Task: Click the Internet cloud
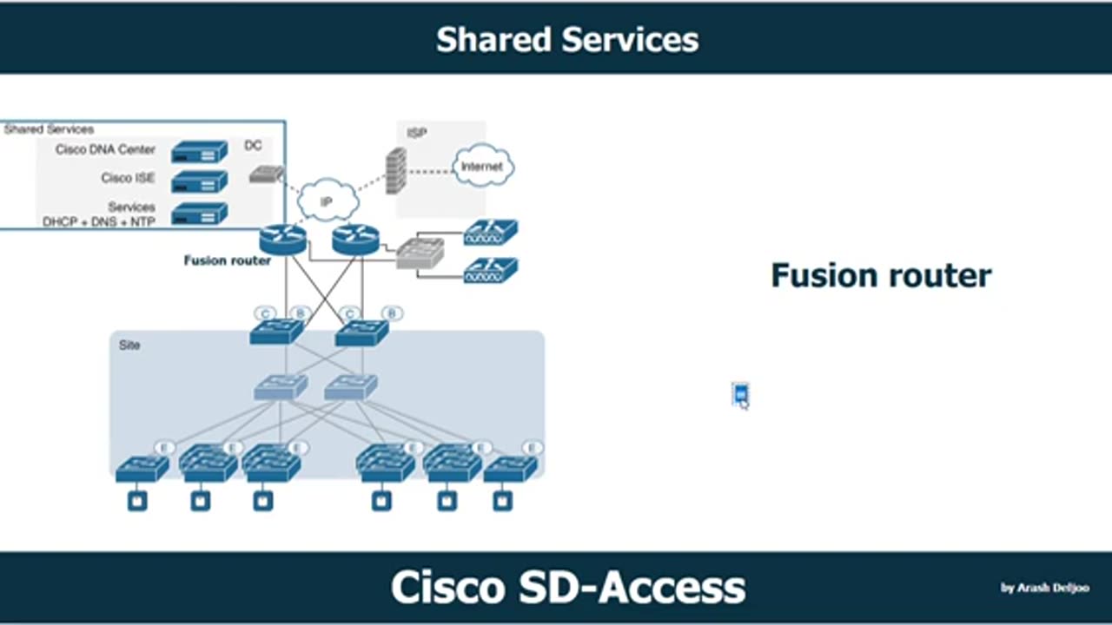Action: point(482,167)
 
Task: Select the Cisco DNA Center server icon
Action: point(199,152)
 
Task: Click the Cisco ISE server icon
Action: point(199,181)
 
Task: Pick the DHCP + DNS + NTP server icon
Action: point(199,214)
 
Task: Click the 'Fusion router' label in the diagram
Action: point(227,260)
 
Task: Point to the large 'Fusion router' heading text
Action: point(881,276)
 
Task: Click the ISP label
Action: point(416,134)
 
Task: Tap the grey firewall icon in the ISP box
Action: point(396,170)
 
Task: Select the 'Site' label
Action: point(129,345)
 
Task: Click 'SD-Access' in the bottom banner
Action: point(632,588)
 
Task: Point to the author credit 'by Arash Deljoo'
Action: point(1044,588)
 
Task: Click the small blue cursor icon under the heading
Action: point(740,395)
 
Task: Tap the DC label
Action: point(253,146)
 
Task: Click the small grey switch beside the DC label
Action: point(266,174)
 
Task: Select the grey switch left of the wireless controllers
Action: point(420,253)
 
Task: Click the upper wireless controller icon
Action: point(491,232)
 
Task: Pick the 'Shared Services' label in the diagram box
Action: point(50,129)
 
